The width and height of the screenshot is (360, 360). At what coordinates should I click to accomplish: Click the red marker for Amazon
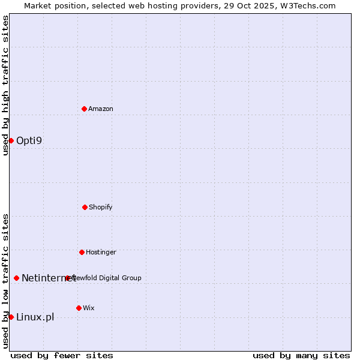[84, 109]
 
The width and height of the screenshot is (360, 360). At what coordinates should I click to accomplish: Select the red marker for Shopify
[85, 207]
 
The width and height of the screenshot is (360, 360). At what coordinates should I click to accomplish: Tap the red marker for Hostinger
[82, 252]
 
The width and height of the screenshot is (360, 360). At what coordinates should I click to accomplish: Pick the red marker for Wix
[79, 308]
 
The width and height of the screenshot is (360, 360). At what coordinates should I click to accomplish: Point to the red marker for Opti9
[11, 140]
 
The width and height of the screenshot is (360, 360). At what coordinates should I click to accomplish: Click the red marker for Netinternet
[16, 278]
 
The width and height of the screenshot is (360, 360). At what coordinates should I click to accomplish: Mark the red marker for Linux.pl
[11, 317]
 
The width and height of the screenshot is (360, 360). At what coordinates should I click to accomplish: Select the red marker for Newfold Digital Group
[68, 278]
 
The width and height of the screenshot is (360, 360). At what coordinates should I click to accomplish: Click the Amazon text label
[101, 109]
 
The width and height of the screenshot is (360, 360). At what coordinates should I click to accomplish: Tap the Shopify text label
[101, 207]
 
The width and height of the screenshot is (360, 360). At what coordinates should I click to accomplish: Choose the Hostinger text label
[101, 252]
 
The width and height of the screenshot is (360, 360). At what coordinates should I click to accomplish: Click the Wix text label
[89, 308]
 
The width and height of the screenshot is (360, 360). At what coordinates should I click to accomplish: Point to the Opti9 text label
[29, 141]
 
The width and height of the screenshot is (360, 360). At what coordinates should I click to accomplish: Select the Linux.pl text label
[35, 317]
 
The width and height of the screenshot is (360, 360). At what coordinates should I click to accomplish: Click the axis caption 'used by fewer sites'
[62, 355]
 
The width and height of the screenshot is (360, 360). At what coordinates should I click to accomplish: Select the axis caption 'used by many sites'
[301, 355]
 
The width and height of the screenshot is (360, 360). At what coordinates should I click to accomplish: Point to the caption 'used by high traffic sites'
[5, 85]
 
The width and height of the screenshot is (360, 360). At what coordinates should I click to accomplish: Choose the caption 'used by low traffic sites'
[5, 281]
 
